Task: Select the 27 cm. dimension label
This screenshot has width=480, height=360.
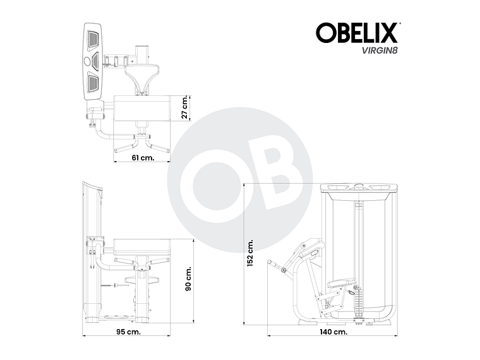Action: coord(185,107)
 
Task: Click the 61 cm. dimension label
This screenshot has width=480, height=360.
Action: coord(143,158)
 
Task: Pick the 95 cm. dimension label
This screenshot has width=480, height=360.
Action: coord(129,331)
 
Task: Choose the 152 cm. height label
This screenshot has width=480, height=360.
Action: coord(251,253)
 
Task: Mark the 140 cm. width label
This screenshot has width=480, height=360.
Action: coord(332,331)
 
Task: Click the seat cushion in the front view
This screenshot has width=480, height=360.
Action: coord(143,243)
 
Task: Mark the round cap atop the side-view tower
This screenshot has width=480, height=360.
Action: coord(359,186)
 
